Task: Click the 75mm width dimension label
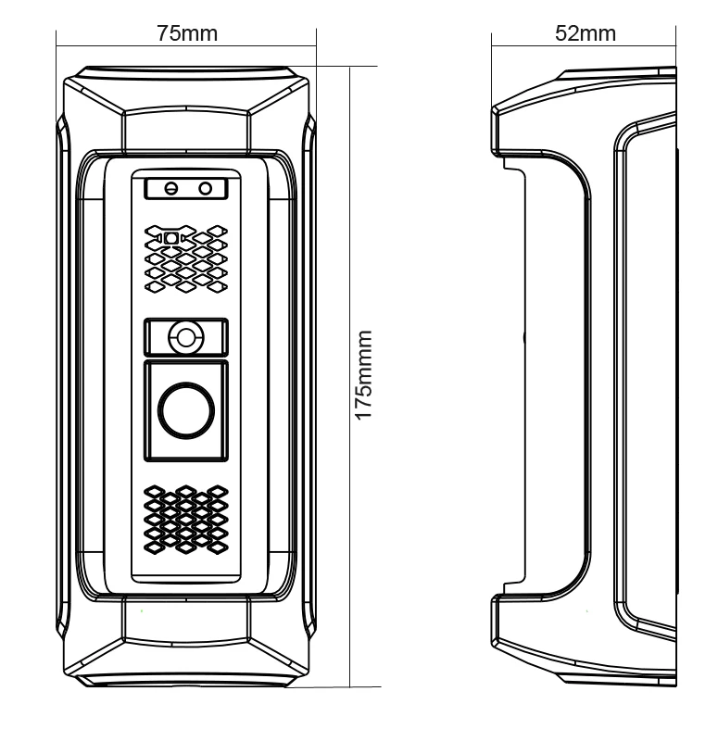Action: coord(187,33)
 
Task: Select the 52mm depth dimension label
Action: coord(585,33)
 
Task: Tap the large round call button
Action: coord(185,411)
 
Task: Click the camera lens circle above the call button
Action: coord(185,337)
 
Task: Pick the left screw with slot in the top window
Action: coord(170,188)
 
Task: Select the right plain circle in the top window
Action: coord(206,188)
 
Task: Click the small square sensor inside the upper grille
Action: coord(170,238)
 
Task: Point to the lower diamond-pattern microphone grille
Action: coord(186,520)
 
